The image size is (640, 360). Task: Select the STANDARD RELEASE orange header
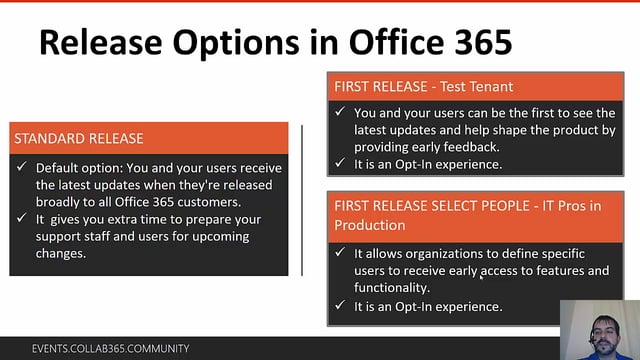pyautogui.click(x=79, y=138)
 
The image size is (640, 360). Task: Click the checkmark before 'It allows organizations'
pyautogui.click(x=341, y=254)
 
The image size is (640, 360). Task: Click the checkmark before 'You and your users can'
pyautogui.click(x=341, y=113)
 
